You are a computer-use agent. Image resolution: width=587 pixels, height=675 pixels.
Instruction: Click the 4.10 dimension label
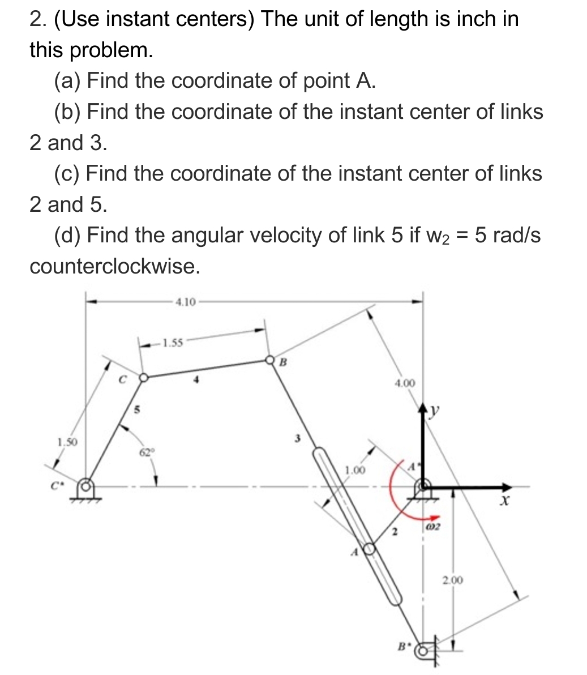[x=185, y=301]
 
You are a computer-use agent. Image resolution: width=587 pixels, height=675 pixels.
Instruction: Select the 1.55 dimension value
[x=172, y=342]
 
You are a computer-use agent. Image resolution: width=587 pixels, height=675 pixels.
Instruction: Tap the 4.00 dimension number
[x=404, y=383]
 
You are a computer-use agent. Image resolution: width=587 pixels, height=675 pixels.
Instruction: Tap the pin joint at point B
[x=270, y=360]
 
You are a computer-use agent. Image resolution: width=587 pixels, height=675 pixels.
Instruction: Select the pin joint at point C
[x=144, y=377]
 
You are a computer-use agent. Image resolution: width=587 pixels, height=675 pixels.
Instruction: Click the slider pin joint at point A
[x=369, y=548]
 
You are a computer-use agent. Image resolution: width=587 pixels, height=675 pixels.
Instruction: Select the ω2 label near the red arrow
[x=434, y=528]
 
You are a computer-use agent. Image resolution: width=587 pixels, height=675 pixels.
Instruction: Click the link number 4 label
[x=197, y=381]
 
